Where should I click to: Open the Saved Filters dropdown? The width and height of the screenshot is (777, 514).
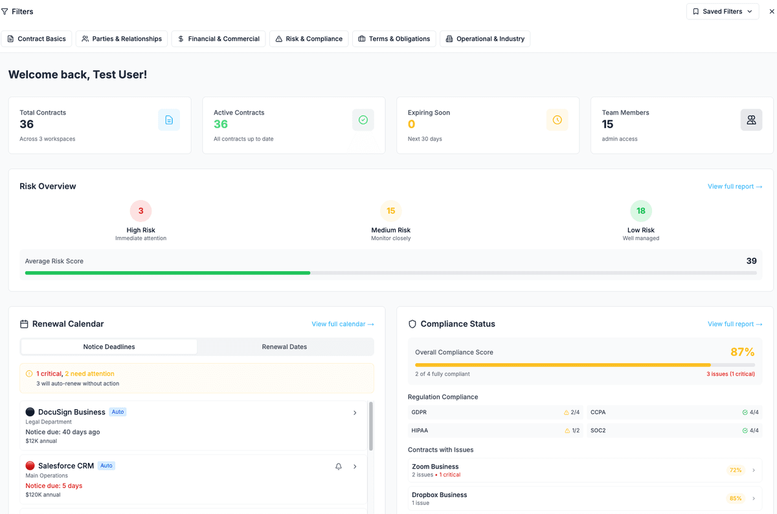(x=722, y=12)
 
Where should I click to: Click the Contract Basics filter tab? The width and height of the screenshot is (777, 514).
(x=36, y=39)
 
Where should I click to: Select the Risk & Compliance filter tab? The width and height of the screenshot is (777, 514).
(x=309, y=39)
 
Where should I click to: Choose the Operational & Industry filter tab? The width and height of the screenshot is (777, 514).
(x=485, y=39)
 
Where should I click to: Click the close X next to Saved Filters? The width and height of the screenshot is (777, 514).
(x=771, y=12)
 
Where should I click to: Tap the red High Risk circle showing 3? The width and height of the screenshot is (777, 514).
(x=141, y=211)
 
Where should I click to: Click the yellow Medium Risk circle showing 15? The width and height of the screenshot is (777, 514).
(x=391, y=211)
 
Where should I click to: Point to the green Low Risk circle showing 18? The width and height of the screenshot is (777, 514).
(x=640, y=211)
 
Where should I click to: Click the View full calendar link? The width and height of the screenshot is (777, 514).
(x=343, y=324)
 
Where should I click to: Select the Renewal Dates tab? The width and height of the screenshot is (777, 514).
(x=284, y=347)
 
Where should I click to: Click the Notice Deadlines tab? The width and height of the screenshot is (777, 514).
(x=109, y=347)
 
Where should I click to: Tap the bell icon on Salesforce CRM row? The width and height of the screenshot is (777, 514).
(x=339, y=466)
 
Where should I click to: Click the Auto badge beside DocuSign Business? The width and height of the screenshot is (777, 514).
(x=117, y=412)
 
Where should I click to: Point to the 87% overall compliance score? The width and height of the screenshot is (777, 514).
(x=742, y=352)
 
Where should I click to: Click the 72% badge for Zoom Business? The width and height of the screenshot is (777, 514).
(x=736, y=470)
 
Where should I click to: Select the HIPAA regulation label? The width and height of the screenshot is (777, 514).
(x=420, y=430)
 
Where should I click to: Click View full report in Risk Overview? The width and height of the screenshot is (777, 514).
(x=734, y=186)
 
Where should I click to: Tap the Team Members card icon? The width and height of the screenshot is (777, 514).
(x=751, y=120)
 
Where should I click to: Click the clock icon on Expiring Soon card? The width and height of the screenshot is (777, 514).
(x=557, y=120)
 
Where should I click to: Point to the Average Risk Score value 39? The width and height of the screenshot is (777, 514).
(x=751, y=261)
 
